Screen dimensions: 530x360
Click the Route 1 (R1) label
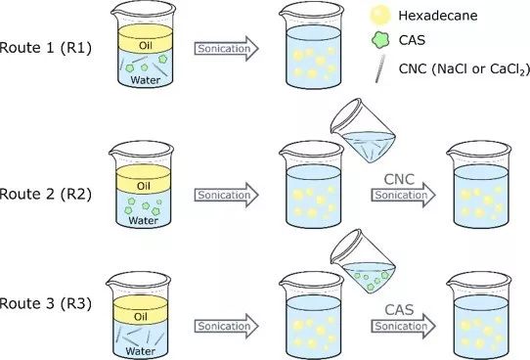click(46, 47)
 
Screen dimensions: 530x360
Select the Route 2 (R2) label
click(46, 194)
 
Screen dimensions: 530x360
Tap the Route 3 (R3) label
click(46, 303)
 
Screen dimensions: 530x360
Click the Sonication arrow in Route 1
click(227, 49)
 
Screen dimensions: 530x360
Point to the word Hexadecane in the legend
click(438, 16)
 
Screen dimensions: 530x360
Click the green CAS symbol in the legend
click(380, 40)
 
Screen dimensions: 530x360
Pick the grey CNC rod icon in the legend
click(380, 68)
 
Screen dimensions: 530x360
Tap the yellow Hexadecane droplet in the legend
click(380, 15)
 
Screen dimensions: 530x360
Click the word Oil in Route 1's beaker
click(146, 46)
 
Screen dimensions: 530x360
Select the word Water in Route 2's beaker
click(144, 221)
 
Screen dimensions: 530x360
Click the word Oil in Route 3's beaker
click(141, 317)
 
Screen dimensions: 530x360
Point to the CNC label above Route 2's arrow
click(399, 179)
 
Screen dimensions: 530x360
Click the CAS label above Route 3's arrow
click(399, 310)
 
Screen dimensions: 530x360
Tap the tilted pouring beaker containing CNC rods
click(364, 131)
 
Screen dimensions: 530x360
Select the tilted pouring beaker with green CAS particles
click(364, 262)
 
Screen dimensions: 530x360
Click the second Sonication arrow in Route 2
click(403, 195)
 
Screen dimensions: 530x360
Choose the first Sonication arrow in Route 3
click(227, 326)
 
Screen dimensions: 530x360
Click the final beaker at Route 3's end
click(479, 315)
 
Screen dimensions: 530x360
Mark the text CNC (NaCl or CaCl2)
click(464, 69)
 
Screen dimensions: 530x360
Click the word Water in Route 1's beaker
click(146, 80)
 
